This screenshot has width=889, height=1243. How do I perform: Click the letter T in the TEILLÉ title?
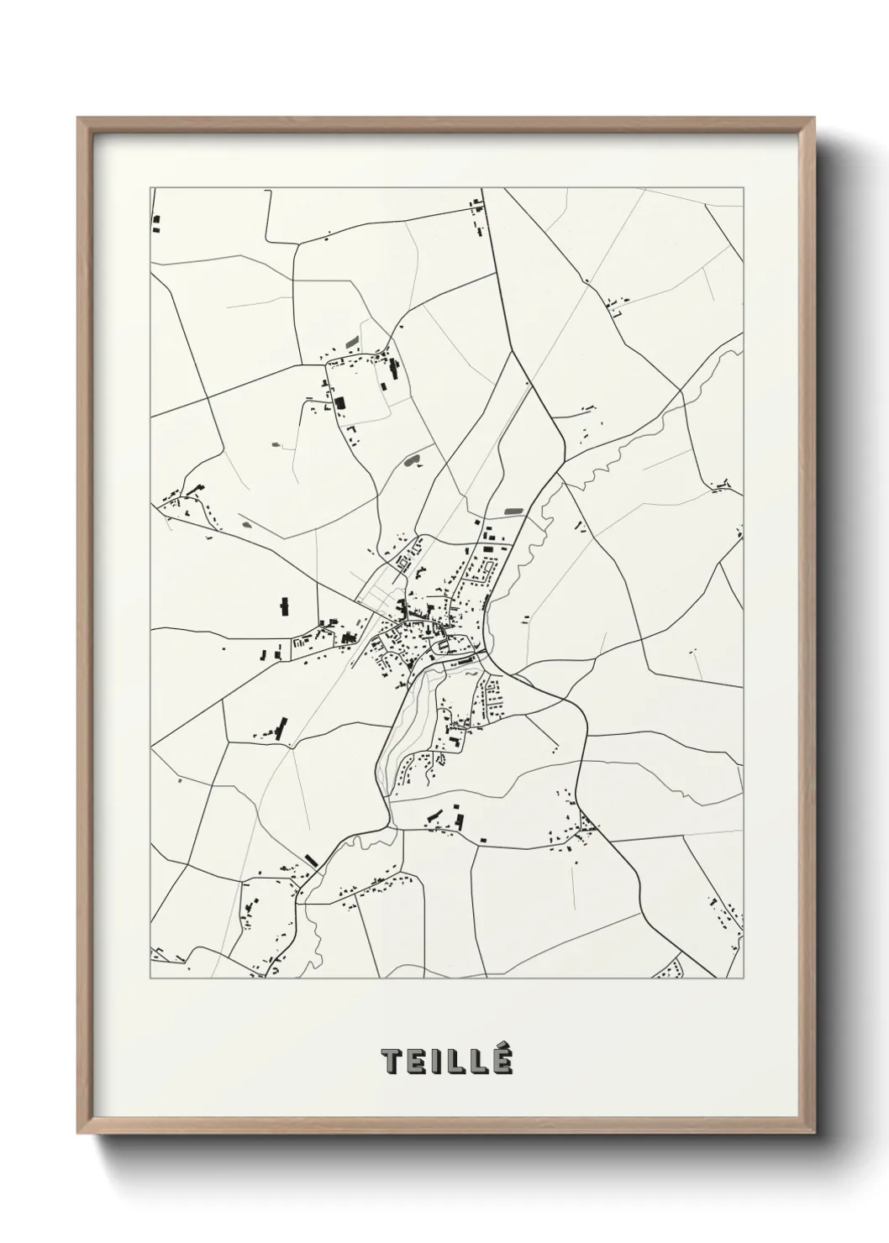pyautogui.click(x=392, y=1061)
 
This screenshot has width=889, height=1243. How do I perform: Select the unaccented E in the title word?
pyautogui.click(x=416, y=1061)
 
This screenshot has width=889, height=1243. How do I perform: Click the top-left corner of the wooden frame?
pyautogui.click(x=79, y=118)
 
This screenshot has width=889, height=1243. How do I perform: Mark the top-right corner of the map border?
pyautogui.click(x=744, y=187)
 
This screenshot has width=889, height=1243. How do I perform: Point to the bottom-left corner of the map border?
pyautogui.click(x=150, y=978)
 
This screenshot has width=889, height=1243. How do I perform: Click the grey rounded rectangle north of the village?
pyautogui.click(x=511, y=510)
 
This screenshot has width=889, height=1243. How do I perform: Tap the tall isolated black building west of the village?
pyautogui.click(x=283, y=605)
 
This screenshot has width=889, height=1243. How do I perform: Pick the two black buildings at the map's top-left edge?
pyautogui.click(x=156, y=223)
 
